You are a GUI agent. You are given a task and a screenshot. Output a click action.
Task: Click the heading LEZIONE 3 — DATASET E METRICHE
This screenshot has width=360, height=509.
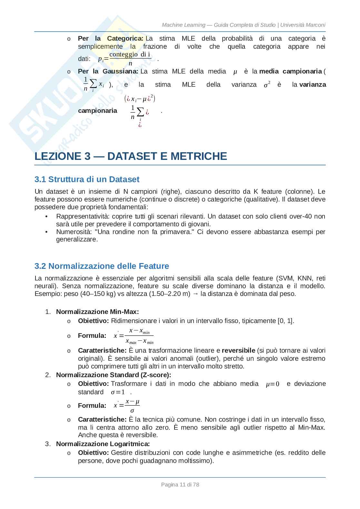[131, 156]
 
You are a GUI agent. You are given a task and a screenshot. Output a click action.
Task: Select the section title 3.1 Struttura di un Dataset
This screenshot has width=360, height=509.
[87, 179]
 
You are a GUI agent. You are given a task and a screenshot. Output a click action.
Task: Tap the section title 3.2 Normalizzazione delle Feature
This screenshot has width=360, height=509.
[102, 266]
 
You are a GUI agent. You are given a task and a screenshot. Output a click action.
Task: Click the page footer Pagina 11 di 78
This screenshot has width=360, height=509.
[180, 485]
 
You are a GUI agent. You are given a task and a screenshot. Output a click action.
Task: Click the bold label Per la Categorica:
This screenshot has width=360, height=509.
[110, 38]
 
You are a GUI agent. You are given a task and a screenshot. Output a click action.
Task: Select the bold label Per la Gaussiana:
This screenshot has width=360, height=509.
[108, 71]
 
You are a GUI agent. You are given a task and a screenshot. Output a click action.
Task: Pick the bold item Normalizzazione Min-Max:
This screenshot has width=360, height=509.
[97, 312]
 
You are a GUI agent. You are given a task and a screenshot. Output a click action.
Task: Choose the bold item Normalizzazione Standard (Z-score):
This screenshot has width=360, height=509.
[114, 375]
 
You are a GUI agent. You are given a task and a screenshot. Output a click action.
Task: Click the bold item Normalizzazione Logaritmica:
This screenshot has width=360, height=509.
[103, 444]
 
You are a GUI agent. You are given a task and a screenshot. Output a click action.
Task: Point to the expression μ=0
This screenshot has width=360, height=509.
[273, 384]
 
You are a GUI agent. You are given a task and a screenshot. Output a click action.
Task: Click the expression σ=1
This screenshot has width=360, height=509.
[118, 392]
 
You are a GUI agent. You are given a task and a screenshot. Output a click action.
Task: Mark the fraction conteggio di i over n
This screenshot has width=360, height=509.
[130, 59]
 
